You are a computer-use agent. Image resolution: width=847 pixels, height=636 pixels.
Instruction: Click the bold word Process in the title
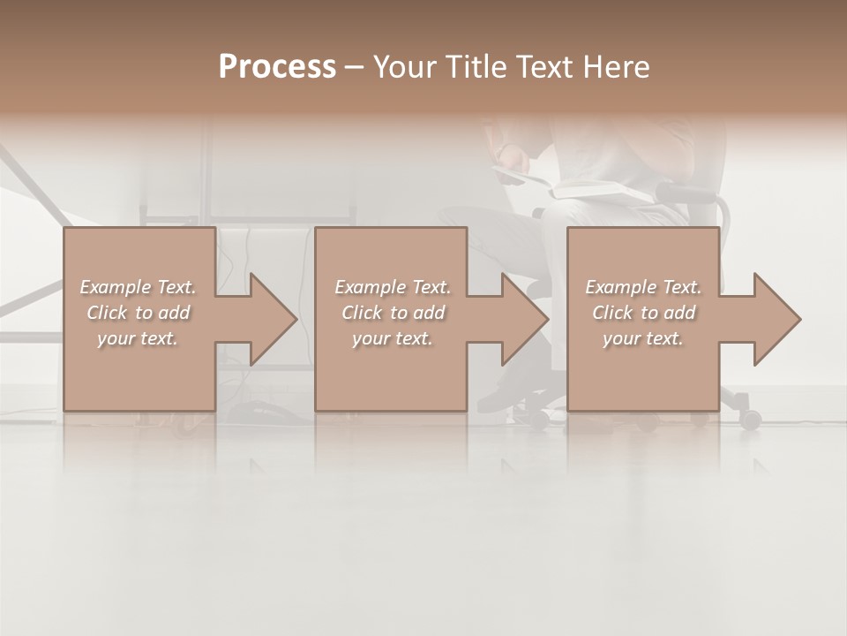[277, 67]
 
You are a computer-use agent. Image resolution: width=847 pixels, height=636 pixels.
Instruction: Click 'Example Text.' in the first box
[138, 287]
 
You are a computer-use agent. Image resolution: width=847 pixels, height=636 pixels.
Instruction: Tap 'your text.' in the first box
[138, 338]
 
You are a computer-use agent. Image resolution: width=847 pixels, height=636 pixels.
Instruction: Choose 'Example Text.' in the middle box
[393, 287]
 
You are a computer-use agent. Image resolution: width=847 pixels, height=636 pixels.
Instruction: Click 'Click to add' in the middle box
[393, 313]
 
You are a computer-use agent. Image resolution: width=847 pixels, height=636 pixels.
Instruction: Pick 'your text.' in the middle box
[393, 338]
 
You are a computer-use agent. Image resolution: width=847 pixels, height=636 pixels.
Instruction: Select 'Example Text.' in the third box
[643, 287]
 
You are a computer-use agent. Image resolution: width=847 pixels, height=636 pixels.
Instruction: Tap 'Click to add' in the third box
[643, 313]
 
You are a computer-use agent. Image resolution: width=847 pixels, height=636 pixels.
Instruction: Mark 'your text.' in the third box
[643, 338]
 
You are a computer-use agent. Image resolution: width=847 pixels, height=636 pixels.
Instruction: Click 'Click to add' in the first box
[138, 313]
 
